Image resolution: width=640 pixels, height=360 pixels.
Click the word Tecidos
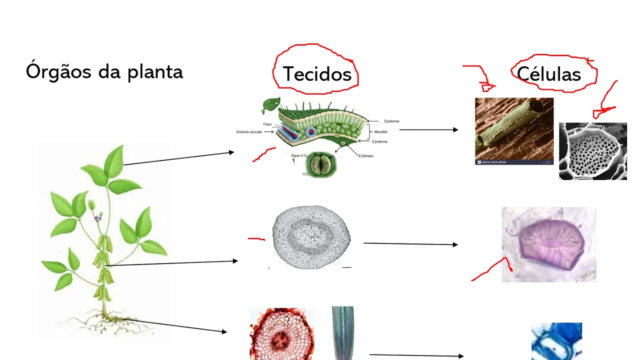(x=317, y=74)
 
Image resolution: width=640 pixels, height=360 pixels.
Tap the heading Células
(x=548, y=74)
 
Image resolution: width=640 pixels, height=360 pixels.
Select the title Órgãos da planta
(x=104, y=72)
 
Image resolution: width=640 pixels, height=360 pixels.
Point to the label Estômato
(x=365, y=156)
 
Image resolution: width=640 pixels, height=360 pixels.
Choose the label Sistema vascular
(x=252, y=132)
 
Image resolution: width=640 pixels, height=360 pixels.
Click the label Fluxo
(x=267, y=124)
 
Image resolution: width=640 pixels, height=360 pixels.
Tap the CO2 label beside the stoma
(x=305, y=174)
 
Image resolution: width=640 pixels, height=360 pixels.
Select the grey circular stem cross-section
(x=311, y=237)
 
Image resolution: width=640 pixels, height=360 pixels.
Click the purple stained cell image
(x=549, y=245)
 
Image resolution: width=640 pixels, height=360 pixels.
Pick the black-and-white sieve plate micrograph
(x=592, y=151)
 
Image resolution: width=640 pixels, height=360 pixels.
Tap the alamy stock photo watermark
(x=493, y=162)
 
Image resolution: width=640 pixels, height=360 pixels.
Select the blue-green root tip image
(x=342, y=332)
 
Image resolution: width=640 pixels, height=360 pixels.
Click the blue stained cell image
(x=556, y=341)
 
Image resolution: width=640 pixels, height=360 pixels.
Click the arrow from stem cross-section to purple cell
(x=410, y=244)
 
